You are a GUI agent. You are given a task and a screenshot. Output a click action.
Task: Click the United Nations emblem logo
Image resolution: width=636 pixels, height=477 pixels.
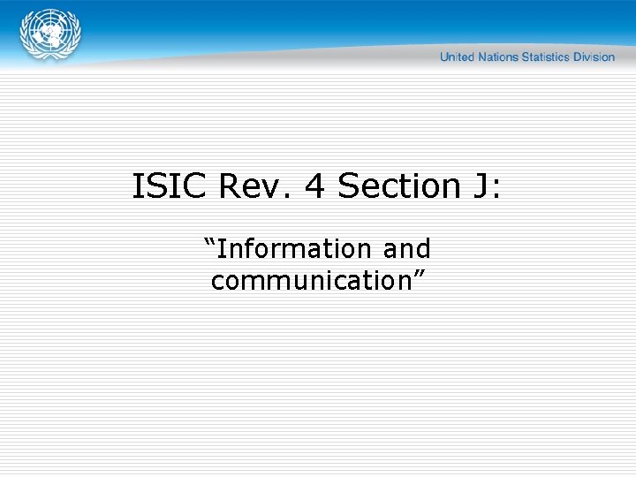50,36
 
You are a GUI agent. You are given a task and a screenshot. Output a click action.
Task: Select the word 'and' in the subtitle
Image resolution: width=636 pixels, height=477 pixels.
406,249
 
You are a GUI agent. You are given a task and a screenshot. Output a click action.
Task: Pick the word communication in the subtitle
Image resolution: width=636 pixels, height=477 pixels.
310,281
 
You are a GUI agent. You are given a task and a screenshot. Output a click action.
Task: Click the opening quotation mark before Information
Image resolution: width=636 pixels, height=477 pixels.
209,241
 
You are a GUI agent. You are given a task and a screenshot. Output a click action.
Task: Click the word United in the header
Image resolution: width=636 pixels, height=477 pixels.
457,57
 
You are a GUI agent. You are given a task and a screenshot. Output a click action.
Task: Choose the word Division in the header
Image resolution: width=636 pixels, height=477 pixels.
595,57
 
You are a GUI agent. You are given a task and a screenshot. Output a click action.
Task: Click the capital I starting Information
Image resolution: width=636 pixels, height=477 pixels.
220,249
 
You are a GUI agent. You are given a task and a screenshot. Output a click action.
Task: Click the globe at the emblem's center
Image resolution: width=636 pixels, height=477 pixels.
50,34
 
